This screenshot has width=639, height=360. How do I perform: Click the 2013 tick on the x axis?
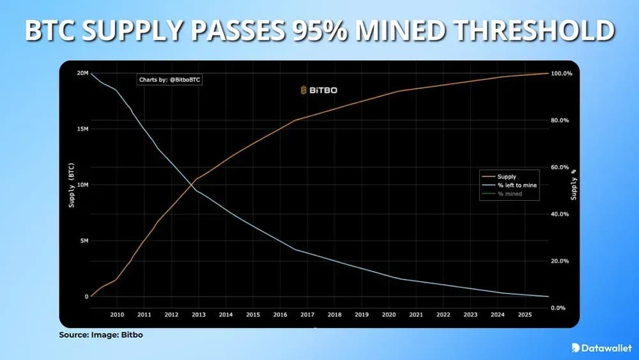tap(199, 315)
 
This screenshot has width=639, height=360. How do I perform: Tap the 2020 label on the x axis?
tap(389, 315)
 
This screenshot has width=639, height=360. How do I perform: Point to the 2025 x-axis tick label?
tap(524, 315)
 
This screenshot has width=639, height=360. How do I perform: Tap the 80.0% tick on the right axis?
tap(560, 121)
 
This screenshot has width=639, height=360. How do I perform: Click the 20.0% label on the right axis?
tap(560, 262)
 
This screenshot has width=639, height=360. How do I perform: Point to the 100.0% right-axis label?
tap(561, 74)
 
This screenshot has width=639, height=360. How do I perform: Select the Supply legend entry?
tap(507, 176)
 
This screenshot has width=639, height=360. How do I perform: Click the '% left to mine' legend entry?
tap(517, 185)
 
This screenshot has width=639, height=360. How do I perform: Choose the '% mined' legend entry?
tap(509, 193)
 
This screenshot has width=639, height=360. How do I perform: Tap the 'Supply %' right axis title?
tap(574, 185)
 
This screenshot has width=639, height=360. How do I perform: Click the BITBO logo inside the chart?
tap(318, 91)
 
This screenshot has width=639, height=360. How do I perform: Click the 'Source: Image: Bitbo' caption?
tap(97, 334)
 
